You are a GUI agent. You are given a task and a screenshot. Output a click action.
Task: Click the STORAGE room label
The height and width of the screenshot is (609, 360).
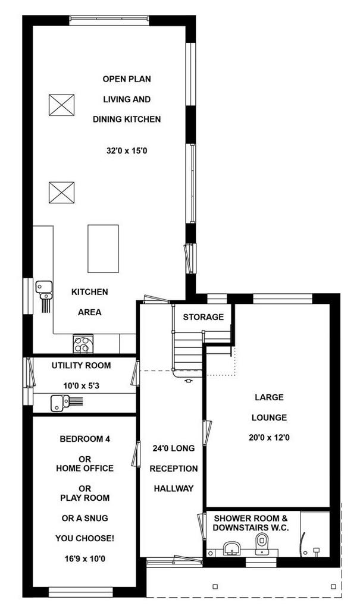(204, 317)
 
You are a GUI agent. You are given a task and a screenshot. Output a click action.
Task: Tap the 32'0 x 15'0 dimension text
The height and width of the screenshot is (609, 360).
(127, 150)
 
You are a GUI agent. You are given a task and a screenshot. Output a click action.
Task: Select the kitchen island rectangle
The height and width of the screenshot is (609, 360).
(103, 249)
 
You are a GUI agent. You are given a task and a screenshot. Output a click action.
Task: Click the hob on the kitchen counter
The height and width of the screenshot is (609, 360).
(83, 344)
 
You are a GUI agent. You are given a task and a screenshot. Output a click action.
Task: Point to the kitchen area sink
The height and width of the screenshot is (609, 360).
(45, 290)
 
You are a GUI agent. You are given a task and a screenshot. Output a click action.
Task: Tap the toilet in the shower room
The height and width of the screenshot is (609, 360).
(262, 542)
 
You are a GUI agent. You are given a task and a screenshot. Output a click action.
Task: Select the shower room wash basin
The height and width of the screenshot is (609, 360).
(233, 548)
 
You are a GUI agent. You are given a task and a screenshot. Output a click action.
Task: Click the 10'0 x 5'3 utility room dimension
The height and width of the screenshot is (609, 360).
(82, 385)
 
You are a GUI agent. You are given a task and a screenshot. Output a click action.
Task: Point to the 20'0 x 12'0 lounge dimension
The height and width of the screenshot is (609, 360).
(269, 438)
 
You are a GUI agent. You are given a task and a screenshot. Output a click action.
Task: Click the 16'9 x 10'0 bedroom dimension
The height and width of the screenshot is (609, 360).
(84, 559)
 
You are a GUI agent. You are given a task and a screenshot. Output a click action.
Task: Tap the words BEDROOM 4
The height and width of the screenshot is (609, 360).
(84, 439)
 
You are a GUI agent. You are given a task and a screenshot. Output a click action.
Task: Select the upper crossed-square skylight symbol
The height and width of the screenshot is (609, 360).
(61, 105)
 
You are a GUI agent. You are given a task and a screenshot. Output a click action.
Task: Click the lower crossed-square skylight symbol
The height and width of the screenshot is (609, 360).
(61, 193)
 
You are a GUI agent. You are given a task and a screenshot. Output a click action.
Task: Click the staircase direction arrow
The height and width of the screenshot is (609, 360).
(189, 381)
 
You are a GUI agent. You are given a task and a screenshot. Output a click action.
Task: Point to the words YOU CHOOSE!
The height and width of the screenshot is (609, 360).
(84, 538)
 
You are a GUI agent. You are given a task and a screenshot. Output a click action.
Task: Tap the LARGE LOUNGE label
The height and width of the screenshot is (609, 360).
(269, 407)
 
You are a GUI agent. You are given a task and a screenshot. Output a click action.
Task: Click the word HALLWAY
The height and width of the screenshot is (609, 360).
(173, 489)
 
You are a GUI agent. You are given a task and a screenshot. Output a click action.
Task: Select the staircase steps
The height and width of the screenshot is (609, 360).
(188, 351)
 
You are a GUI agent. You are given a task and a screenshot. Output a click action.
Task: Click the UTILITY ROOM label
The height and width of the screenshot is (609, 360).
(82, 366)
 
